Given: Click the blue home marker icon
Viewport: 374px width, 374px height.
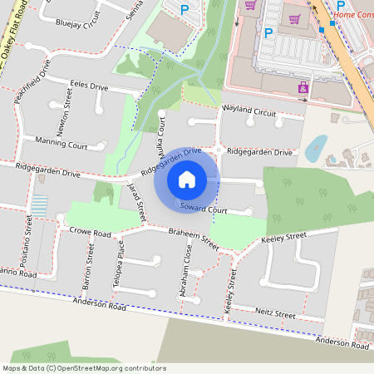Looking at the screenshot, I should pos(187,179).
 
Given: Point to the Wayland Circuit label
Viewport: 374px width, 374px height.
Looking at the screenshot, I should pos(248,111).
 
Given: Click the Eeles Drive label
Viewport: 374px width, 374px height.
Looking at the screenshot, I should pos(89,86).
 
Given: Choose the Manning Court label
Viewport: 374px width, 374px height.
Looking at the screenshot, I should pos(61,145).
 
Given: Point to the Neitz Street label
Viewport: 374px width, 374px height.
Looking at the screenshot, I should pos(275,315).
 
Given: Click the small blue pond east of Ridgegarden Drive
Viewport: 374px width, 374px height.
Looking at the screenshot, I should pos(315,149).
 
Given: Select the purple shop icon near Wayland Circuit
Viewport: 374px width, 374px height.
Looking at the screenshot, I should pos(303,87).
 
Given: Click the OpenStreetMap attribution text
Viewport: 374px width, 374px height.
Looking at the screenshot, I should pos(84,368).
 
